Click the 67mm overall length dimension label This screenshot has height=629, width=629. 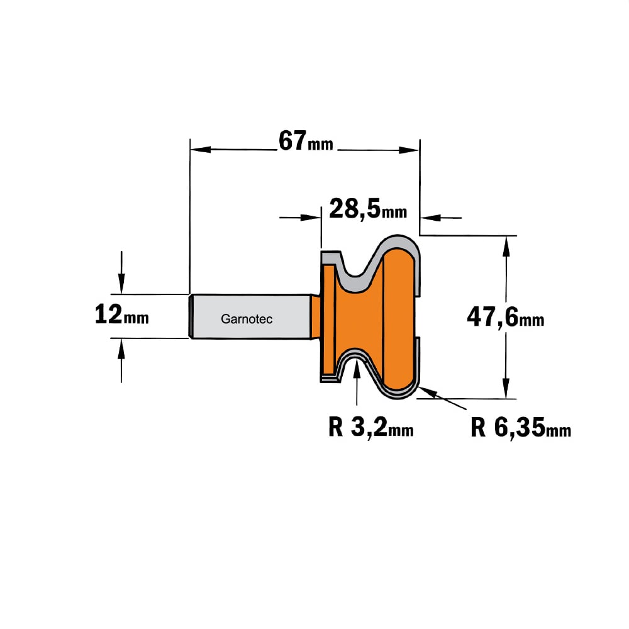306,141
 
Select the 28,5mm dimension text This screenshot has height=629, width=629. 368,209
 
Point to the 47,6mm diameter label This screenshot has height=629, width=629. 506,317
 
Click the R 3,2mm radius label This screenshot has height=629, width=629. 370,427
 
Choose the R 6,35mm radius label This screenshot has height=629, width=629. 521,427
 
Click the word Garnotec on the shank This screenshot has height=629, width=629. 247,319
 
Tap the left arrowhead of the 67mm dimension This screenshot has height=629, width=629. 200,150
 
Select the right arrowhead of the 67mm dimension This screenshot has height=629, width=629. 409,150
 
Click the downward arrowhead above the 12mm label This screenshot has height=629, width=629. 121,284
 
